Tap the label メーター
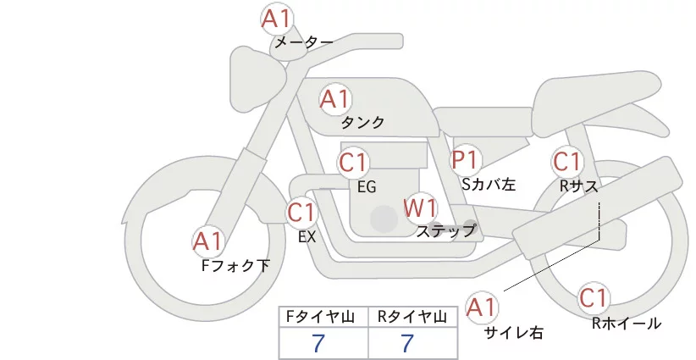point(303,42)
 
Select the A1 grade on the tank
point(335,99)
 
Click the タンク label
point(362,123)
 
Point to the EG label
point(367,186)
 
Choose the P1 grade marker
point(466,159)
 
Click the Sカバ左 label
point(489,183)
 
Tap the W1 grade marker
point(420,208)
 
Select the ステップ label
point(445,230)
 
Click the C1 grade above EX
point(301,212)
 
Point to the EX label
point(307,237)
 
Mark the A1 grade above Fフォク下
point(207,242)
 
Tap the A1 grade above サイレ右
point(483,307)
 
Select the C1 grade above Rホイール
point(594,298)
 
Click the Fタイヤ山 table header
point(323,317)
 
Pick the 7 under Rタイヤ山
point(407,343)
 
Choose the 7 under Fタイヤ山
point(318,343)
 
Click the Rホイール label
point(626,323)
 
